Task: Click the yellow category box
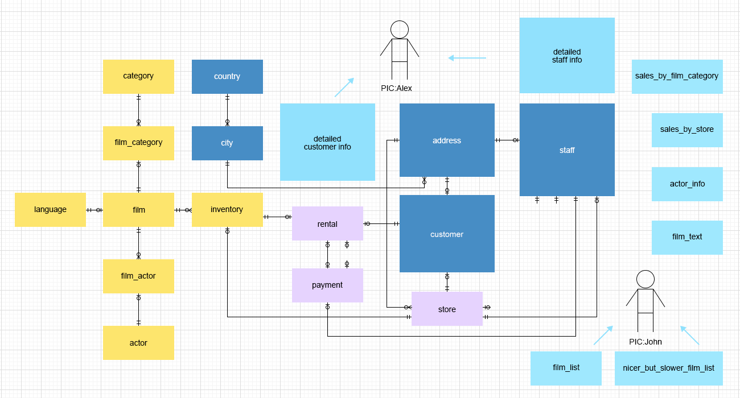(x=138, y=77)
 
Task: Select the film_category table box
(x=138, y=143)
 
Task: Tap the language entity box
(x=50, y=210)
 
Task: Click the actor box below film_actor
(x=138, y=343)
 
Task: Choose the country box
(x=227, y=77)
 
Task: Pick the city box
(x=227, y=143)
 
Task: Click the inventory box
(x=227, y=210)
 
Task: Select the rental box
(x=327, y=223)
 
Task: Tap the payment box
(x=327, y=285)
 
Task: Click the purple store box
(x=447, y=309)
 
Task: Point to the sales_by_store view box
(x=687, y=130)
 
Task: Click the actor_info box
(x=687, y=184)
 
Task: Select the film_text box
(x=687, y=238)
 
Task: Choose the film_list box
(x=566, y=368)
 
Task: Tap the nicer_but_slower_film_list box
(x=669, y=368)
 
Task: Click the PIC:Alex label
(x=396, y=89)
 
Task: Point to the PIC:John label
(x=646, y=342)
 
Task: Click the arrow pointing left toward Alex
(x=467, y=58)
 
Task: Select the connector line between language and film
(x=94, y=210)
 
